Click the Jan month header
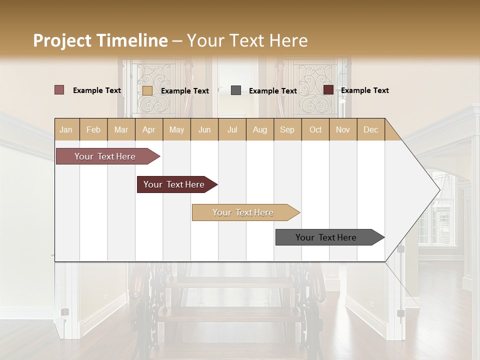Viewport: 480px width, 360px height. tap(66, 129)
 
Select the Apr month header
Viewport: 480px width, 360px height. tap(148, 129)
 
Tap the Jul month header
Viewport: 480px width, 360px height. tap(232, 129)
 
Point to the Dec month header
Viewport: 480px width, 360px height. tap(370, 129)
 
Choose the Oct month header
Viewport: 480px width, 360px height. tap(315, 129)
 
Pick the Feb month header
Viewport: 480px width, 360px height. tap(93, 129)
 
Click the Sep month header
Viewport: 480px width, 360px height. tap(287, 129)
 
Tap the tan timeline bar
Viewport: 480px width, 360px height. tap(243, 212)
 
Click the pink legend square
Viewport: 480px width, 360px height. tap(59, 90)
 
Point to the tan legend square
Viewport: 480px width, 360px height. tap(147, 90)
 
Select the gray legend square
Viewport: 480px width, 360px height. tap(236, 90)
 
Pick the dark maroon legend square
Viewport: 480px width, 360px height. tap(328, 90)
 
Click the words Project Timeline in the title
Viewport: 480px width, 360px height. tap(100, 40)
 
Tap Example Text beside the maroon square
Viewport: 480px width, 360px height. tap(365, 90)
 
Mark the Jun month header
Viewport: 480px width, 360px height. tap(204, 129)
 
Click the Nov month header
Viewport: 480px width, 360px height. tap(342, 129)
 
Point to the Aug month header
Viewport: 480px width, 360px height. tap(259, 129)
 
